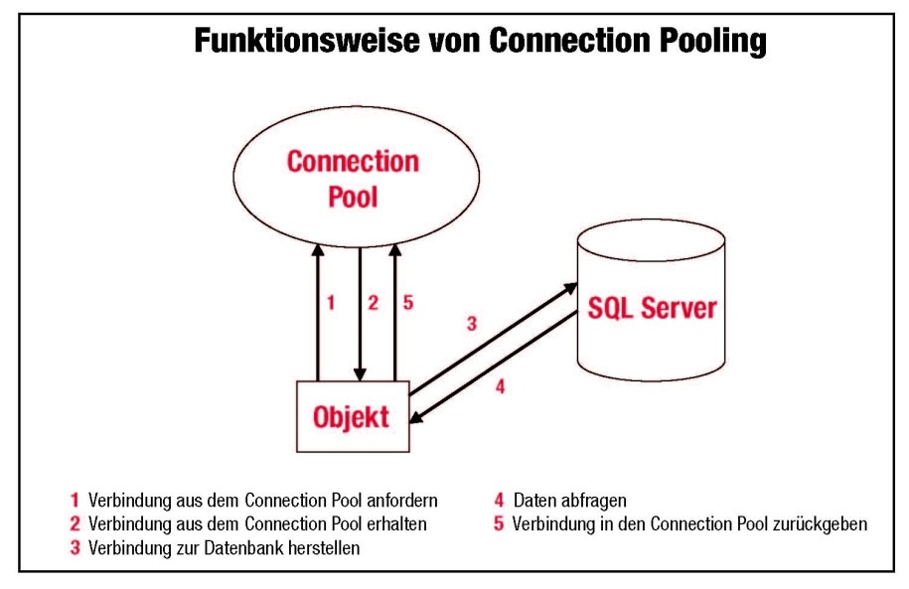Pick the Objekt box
tap(354, 417)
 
